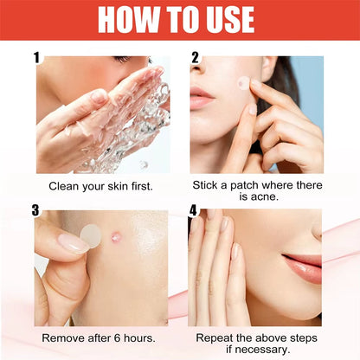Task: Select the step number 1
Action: click(x=37, y=58)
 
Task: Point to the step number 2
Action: click(x=196, y=58)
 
